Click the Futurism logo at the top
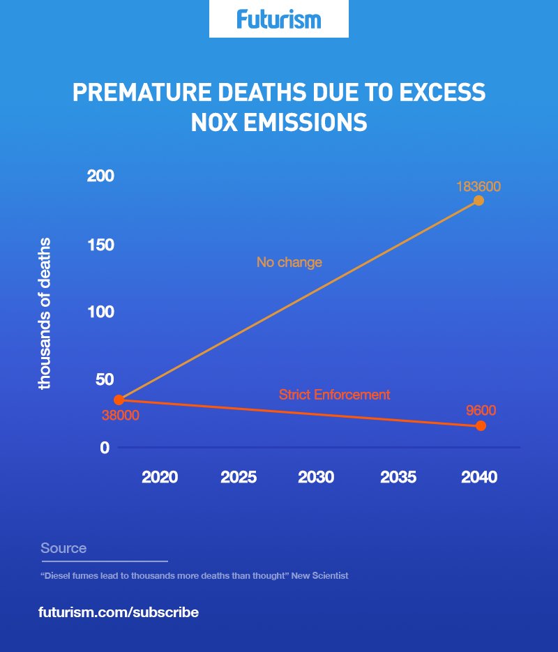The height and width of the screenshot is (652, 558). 279,19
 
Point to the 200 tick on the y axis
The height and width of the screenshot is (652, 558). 100,176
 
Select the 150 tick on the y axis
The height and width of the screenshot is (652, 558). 100,245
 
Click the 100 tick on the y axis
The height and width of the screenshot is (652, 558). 100,312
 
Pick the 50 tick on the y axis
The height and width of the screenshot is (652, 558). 103,379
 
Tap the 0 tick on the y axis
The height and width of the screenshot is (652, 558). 105,448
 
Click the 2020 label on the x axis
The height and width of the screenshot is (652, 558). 160,478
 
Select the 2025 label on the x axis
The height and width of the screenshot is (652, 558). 239,478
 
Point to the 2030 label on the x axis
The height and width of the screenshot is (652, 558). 316,478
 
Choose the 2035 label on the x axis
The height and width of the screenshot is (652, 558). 398,478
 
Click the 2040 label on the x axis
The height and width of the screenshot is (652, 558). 479,478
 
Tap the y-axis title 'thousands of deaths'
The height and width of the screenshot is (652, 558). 45,314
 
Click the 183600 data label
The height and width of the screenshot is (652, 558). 478,187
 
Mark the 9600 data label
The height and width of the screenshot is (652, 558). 481,411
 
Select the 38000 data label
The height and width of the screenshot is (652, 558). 121,416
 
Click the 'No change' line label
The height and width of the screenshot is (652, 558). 289,263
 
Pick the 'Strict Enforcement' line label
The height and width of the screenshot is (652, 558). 334,395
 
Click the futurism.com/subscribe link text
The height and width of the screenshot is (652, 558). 119,612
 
